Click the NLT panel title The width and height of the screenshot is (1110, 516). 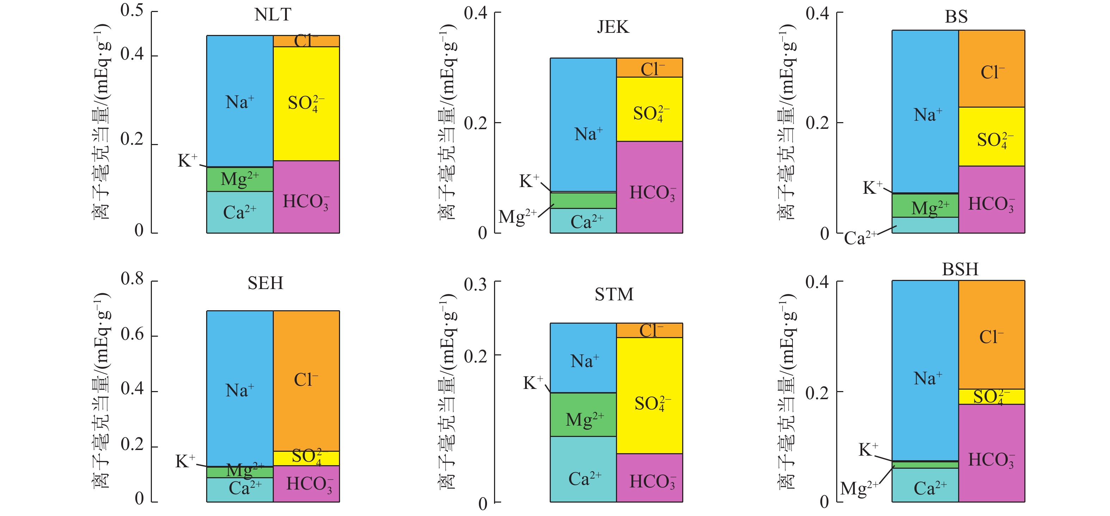click(272, 15)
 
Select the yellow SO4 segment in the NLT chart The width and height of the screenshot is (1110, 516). click(306, 130)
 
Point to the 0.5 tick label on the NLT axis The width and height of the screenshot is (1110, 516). click(132, 10)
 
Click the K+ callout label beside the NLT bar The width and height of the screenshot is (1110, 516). click(187, 161)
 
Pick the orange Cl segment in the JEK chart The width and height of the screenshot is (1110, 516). click(649, 68)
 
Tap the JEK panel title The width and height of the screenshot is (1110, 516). click(612, 27)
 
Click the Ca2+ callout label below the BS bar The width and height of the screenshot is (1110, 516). click(860, 238)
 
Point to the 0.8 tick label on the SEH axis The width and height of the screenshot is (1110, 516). click(132, 279)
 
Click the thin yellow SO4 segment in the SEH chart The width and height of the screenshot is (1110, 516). click(306, 458)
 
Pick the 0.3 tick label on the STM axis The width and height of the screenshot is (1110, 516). click(475, 284)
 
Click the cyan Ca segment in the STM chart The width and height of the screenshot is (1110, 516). click(582, 470)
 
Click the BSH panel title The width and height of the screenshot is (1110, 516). click(960, 269)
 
